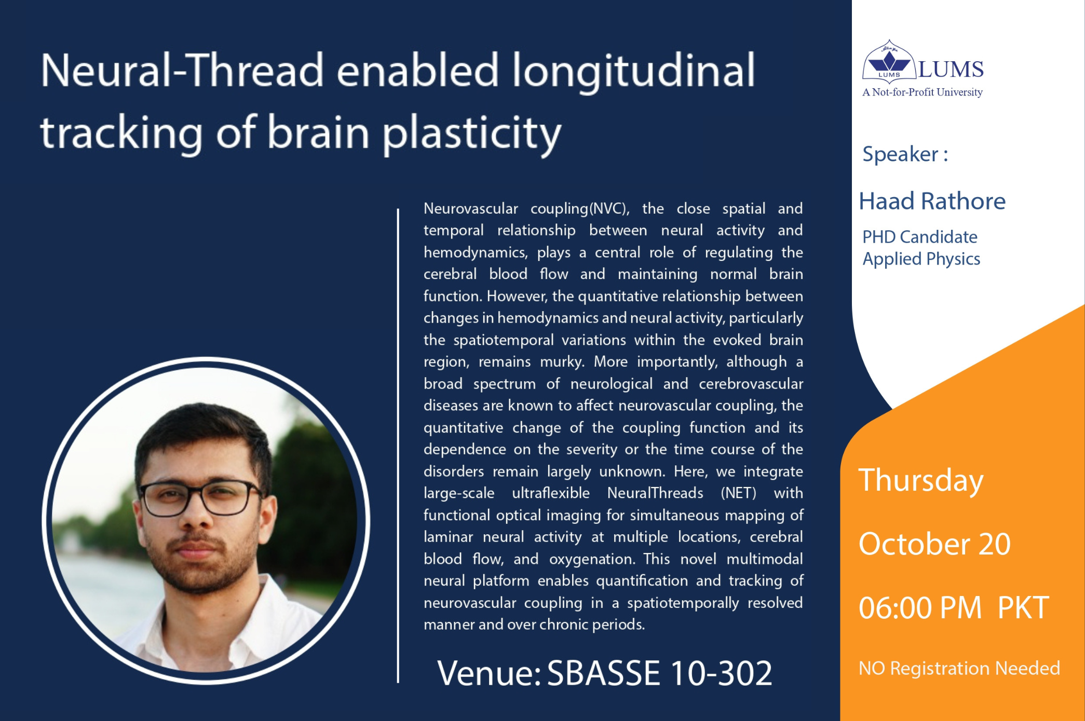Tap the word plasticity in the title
tap(472, 133)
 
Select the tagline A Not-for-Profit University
tap(922, 92)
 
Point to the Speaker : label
tap(905, 154)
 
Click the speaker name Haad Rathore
tap(932, 201)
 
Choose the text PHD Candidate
tap(919, 237)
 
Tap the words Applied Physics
tap(921, 259)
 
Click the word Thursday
tap(920, 480)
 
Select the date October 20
tap(934, 544)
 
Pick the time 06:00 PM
tap(919, 608)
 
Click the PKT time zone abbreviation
tap(1023, 608)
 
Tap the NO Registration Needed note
tap(959, 668)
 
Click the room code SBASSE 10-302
tap(659, 673)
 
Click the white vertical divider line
tap(398, 446)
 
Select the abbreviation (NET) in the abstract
tap(738, 493)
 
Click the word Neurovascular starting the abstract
tap(470, 209)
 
